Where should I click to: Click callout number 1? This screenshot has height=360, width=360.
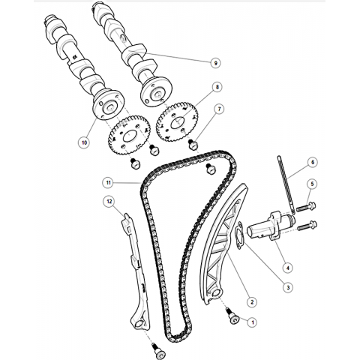[252, 322]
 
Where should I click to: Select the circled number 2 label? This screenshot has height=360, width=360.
[252, 302]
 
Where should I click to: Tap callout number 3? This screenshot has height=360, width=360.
[288, 287]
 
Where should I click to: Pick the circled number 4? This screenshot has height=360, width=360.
[288, 268]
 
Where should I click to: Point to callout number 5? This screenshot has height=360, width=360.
[312, 184]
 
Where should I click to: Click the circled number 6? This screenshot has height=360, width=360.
[313, 162]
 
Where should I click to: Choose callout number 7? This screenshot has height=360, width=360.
[220, 109]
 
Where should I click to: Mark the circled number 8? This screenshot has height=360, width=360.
[217, 87]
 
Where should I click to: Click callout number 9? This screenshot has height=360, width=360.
[215, 63]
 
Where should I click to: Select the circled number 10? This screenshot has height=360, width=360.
[84, 142]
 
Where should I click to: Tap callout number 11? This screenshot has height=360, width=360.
[108, 183]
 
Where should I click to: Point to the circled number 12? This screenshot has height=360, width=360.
[109, 202]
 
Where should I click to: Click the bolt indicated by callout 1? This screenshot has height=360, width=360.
[233, 317]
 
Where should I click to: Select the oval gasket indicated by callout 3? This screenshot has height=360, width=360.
[240, 235]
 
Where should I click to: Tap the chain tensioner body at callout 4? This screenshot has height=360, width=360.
[271, 226]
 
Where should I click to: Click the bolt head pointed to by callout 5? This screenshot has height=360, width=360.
[312, 205]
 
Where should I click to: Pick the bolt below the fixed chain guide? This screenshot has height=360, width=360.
[158, 352]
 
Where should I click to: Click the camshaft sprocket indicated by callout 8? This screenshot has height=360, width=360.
[177, 121]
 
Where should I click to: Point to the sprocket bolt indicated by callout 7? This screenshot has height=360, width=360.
[193, 145]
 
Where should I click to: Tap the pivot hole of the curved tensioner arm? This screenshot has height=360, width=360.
[216, 293]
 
